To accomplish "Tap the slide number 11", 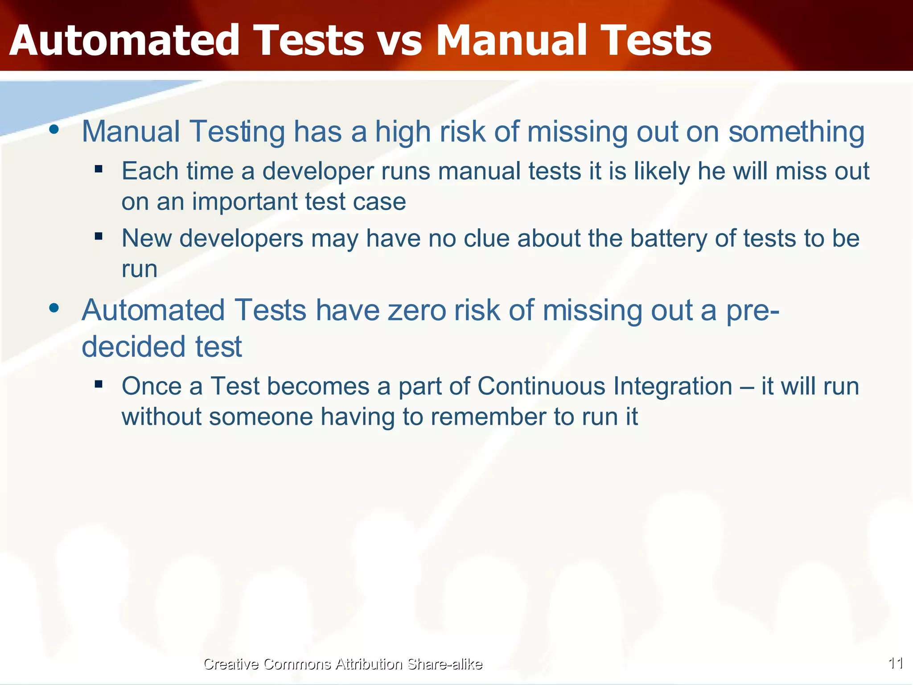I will coord(896,663).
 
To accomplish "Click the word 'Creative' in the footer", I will coord(230,664).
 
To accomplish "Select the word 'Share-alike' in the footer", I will coord(444,664).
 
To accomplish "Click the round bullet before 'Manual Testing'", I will coord(54,130).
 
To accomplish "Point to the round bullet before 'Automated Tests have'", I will coord(54,308).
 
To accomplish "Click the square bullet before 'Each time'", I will coord(99,169).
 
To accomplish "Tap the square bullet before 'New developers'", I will coord(99,236).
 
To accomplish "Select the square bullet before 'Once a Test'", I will coord(99,384).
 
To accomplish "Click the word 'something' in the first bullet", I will coord(796,132).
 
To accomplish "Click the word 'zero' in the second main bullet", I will coord(417,310).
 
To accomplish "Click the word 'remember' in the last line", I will coord(488,417).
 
